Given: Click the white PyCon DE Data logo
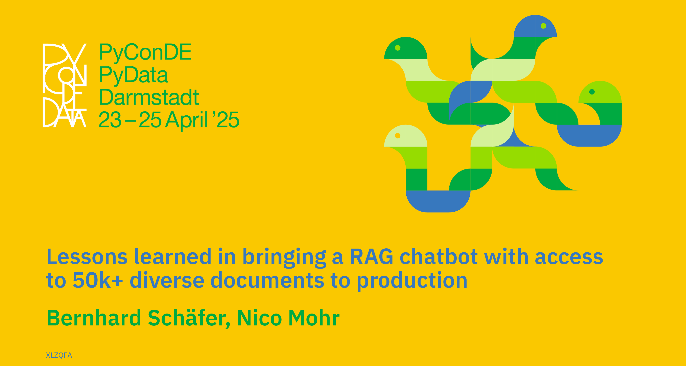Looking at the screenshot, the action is (x=65, y=85).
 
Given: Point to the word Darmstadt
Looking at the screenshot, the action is (x=149, y=97).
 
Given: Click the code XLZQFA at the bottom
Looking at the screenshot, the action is (x=59, y=355).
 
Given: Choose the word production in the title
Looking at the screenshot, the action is (x=412, y=281).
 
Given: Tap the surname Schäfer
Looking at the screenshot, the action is (x=189, y=318).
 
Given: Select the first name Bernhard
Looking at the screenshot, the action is (x=94, y=318).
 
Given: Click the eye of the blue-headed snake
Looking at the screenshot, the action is (x=543, y=26).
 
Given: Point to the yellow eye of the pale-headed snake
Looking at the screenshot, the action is (x=398, y=136).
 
